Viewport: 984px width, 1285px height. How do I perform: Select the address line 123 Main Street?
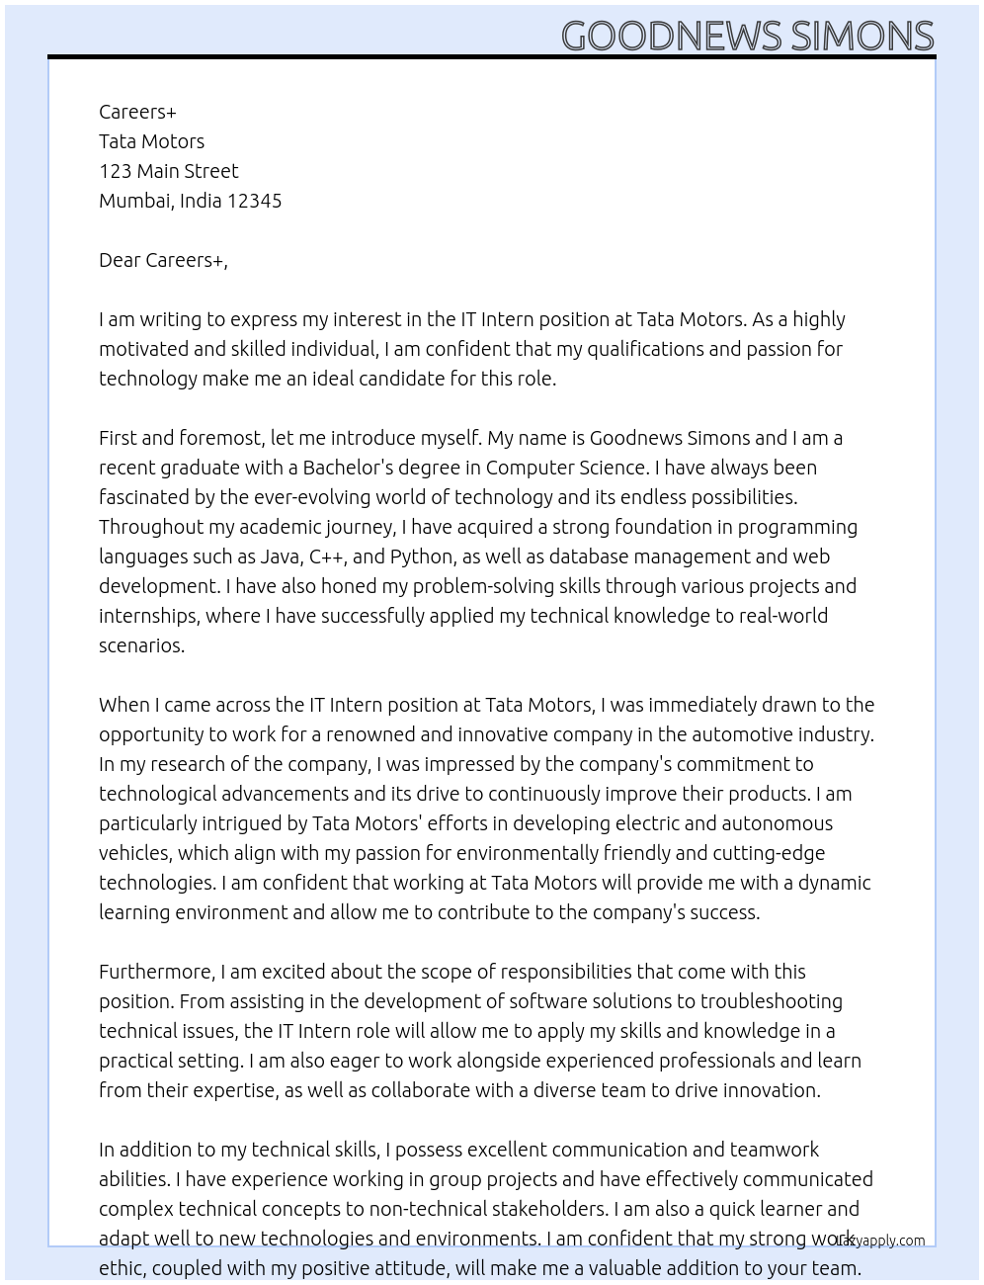169,171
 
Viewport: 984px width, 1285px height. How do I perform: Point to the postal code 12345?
255,201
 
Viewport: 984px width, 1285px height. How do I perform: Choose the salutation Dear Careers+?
163,260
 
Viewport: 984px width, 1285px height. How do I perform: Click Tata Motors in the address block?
152,141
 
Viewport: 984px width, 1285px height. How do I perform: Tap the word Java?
281,557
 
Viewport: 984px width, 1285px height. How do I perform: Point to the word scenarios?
141,645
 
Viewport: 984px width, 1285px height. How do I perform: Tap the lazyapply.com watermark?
879,1241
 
